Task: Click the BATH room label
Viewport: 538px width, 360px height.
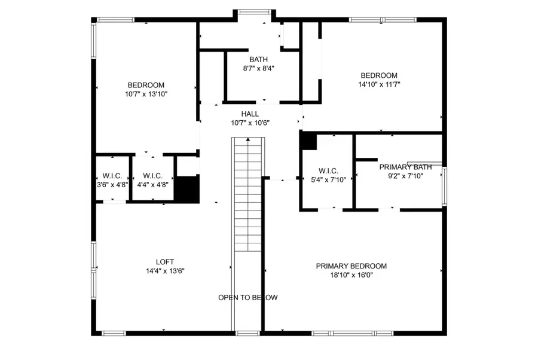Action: [x=258, y=59]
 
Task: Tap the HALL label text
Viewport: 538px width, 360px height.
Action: [x=250, y=114]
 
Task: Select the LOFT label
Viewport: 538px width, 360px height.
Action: [x=164, y=261]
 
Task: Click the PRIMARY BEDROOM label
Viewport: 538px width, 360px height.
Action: [x=351, y=266]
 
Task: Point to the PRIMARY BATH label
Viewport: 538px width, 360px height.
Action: [x=405, y=167]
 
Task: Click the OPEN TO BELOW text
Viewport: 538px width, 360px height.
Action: [x=247, y=297]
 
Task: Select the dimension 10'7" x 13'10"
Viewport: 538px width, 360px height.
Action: [x=146, y=94]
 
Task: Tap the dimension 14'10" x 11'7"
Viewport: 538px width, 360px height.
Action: [x=378, y=84]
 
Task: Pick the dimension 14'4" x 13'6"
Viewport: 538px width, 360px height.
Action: [x=164, y=270]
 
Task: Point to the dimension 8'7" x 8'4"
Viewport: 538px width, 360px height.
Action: [x=258, y=68]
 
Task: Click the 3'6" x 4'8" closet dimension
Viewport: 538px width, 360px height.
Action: [x=112, y=185]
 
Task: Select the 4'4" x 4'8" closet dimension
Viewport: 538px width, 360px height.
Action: [x=153, y=185]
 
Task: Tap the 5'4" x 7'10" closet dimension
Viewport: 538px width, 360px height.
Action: [x=327, y=179]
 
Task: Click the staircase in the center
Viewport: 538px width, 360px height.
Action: [x=247, y=194]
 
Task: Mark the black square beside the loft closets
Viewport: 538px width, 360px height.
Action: [x=188, y=189]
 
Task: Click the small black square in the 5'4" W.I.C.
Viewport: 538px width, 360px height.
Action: [x=308, y=142]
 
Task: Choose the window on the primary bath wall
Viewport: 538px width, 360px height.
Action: [x=444, y=186]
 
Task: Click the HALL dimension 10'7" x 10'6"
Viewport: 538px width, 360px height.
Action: [x=250, y=123]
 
